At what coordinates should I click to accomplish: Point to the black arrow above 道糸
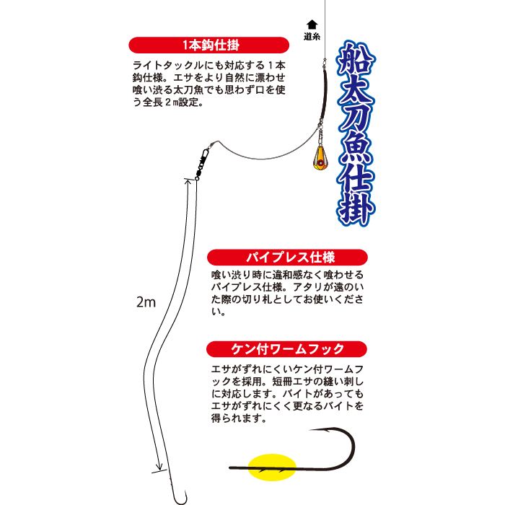[x=312, y=24]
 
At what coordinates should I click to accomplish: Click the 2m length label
[x=146, y=303]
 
